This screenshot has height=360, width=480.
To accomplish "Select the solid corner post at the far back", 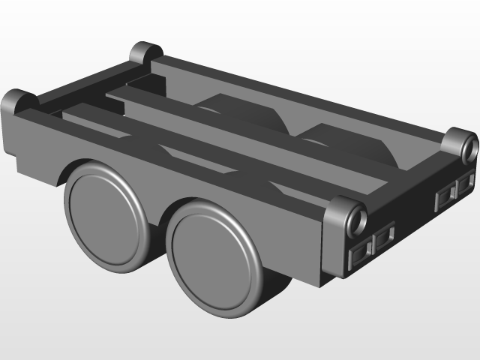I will [145, 53].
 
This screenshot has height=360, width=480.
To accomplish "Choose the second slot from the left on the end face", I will [385, 238].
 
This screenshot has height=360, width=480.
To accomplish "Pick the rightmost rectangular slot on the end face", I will [466, 181].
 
